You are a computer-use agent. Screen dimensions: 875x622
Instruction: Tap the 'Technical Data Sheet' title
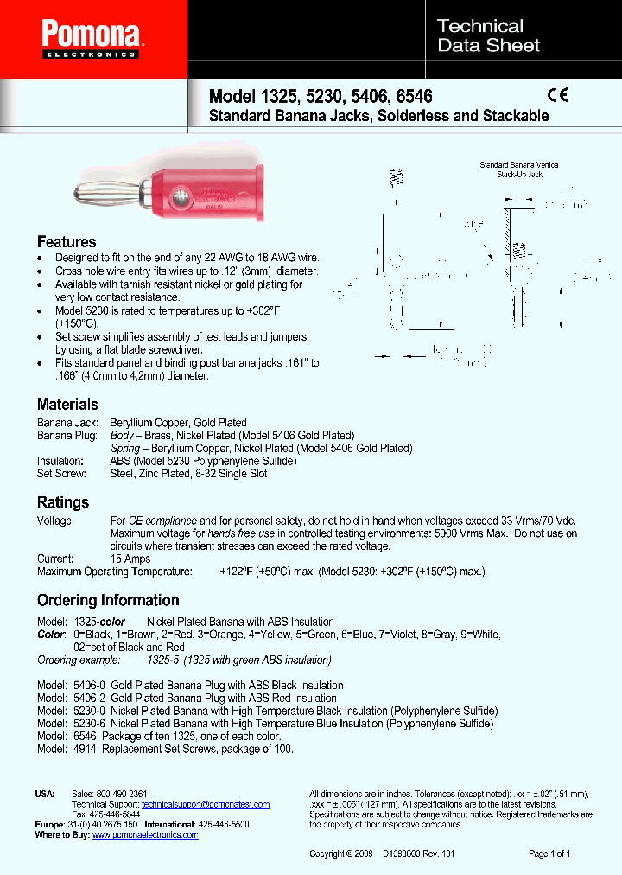(488, 35)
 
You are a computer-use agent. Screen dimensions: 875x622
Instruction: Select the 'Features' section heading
(67, 242)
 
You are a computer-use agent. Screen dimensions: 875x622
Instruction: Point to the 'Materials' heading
(67, 404)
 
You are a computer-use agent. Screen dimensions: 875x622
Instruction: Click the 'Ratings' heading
(62, 502)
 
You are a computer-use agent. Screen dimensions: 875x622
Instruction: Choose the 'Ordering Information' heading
(108, 600)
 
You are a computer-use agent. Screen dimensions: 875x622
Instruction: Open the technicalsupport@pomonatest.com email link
(206, 804)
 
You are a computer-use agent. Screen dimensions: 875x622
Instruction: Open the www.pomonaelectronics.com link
(145, 835)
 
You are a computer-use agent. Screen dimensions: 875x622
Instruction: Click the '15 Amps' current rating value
(130, 559)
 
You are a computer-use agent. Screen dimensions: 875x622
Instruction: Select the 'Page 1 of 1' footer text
(549, 854)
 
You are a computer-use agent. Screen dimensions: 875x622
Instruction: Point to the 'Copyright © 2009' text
(340, 854)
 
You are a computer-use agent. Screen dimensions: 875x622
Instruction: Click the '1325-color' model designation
(99, 622)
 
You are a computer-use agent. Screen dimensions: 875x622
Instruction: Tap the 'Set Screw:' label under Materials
(61, 473)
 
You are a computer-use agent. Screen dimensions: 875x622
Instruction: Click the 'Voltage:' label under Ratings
(55, 521)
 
